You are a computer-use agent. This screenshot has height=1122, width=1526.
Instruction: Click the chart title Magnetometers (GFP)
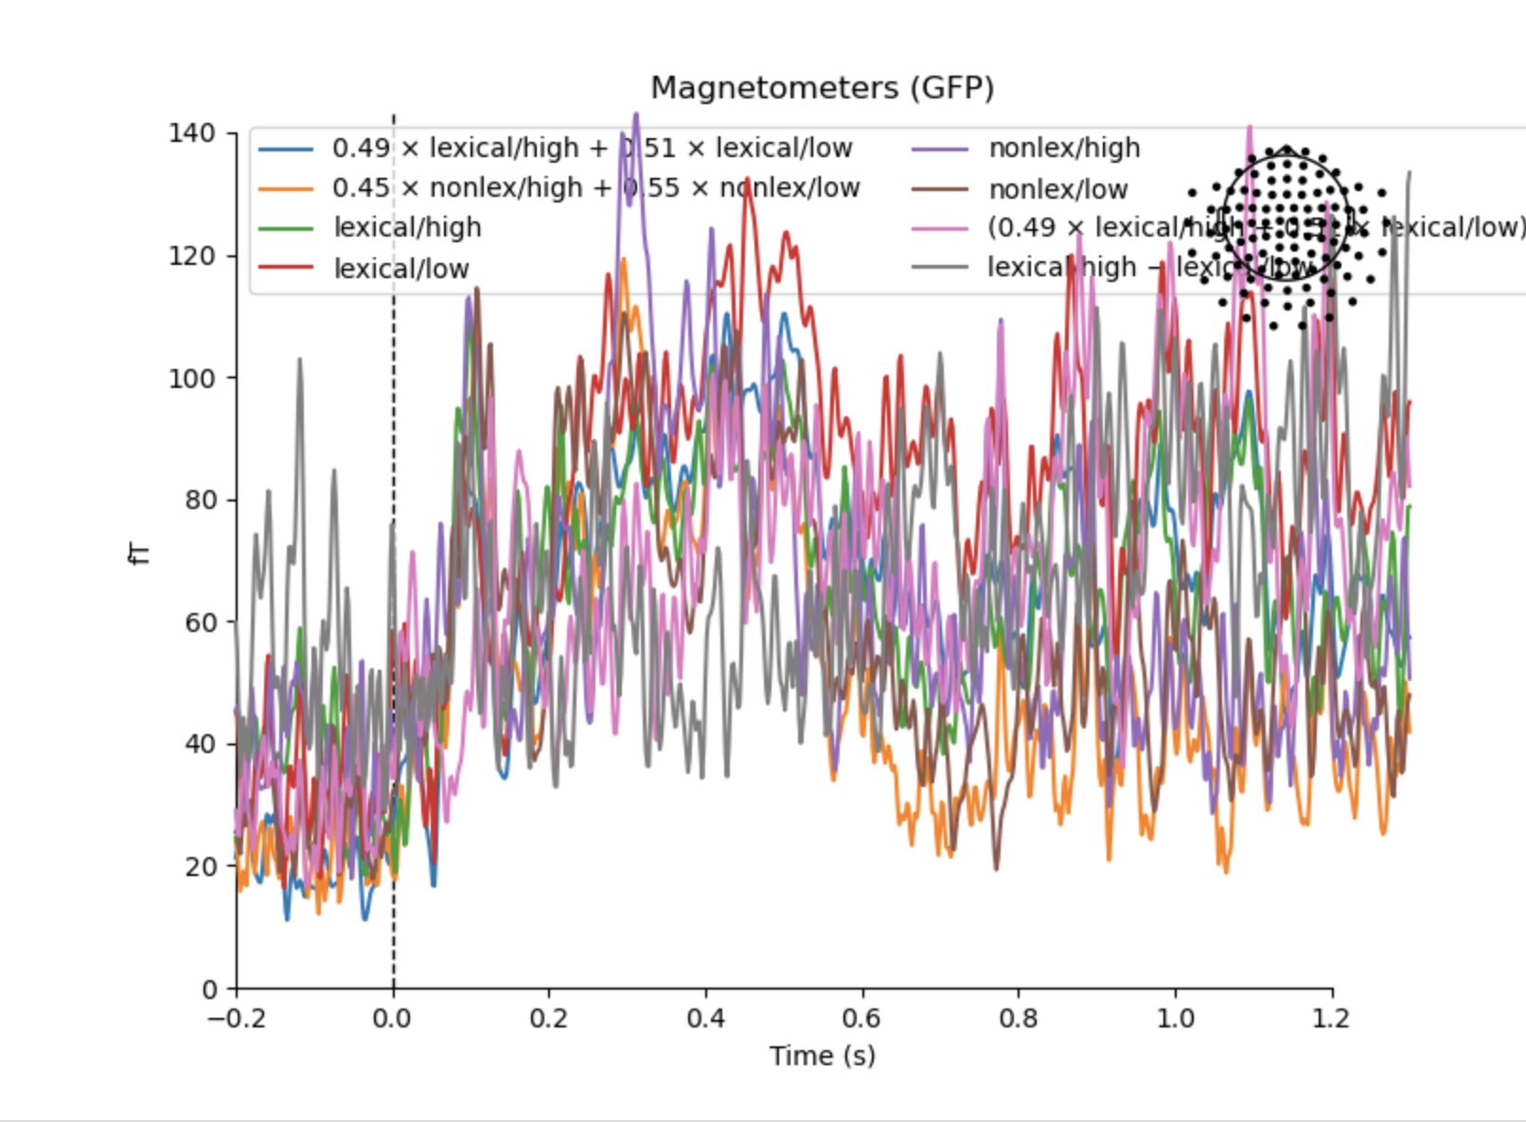click(822, 88)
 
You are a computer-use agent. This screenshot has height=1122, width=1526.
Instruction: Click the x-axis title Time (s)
click(822, 1056)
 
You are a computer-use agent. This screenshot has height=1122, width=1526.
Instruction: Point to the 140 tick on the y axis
click(192, 133)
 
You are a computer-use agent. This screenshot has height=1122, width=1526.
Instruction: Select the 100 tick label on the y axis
click(192, 377)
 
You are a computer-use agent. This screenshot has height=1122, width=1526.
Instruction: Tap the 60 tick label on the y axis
click(199, 622)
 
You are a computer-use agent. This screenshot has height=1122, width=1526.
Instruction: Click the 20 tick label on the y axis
click(199, 867)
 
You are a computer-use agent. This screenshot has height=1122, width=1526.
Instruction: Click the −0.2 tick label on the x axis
click(237, 1020)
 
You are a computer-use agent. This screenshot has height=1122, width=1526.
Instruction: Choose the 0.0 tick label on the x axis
click(392, 1020)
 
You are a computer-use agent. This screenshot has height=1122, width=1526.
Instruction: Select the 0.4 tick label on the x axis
click(705, 1020)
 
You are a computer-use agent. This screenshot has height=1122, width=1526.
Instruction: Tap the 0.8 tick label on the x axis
click(1019, 1020)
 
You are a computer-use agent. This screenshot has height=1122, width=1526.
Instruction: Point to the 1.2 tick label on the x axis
click(1332, 1020)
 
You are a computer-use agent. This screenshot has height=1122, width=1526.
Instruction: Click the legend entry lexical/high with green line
click(407, 228)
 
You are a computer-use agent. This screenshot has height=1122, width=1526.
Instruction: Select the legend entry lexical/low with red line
click(401, 269)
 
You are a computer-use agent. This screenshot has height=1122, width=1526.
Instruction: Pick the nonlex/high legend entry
click(1064, 149)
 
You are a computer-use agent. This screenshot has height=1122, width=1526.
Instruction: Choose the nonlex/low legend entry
click(1058, 189)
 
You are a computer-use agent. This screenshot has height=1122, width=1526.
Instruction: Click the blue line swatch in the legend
click(285, 149)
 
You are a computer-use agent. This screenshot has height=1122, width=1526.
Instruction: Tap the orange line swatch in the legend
click(285, 189)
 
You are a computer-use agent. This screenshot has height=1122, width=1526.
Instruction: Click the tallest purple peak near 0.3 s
click(636, 115)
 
